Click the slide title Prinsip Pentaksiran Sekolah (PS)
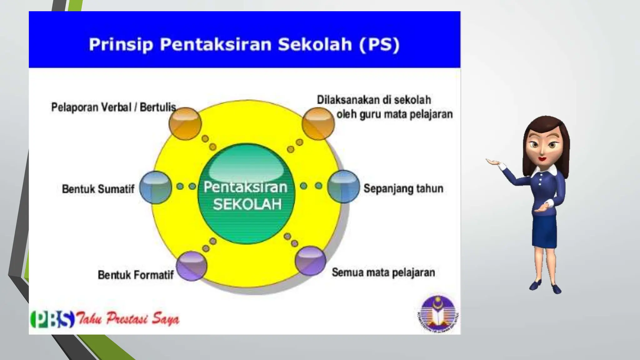[244, 44]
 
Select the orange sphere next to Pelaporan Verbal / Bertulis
[185, 123]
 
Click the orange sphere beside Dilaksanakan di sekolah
[318, 123]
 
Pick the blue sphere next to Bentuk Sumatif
[155, 187]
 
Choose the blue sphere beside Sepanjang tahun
[343, 187]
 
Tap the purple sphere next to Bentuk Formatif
[192, 266]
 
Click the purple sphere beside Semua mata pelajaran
[310, 261]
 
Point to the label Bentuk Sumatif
[98, 189]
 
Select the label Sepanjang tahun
[403, 188]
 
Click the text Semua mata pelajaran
[383, 272]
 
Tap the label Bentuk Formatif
[136, 275]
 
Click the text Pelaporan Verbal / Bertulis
[113, 107]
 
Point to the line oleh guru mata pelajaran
[394, 114]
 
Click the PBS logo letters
[52, 319]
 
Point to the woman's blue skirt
[544, 231]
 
